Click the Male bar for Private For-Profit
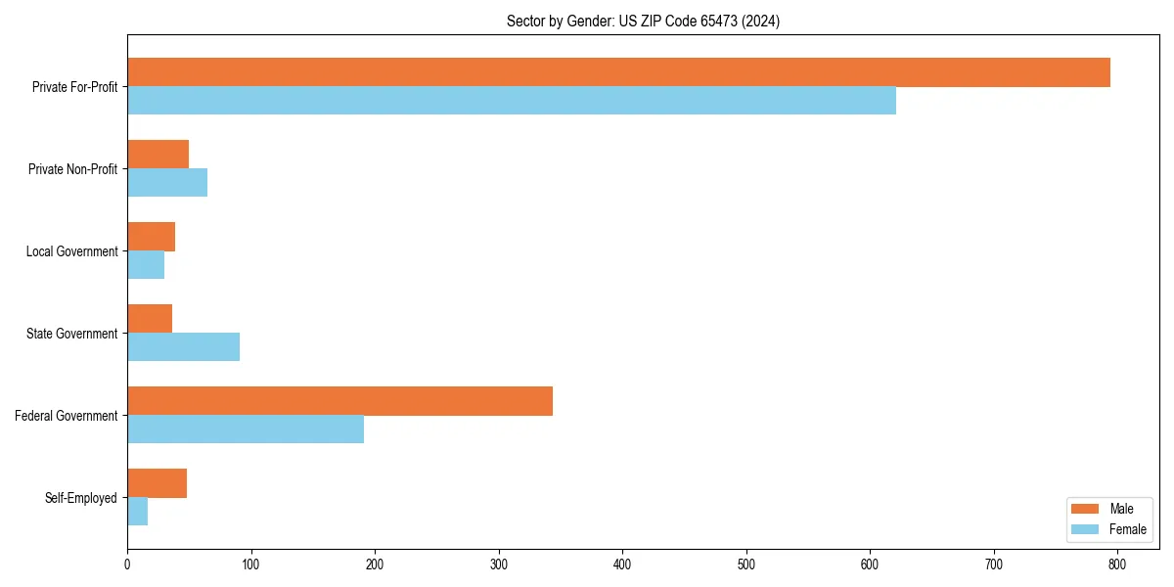[618, 72]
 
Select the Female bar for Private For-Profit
[512, 101]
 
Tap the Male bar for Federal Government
[339, 401]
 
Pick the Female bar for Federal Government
[246, 429]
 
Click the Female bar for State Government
[183, 347]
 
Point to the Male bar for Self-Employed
[157, 483]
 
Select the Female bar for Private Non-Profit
[167, 183]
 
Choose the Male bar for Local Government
[151, 237]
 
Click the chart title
[643, 21]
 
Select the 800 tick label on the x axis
[1117, 564]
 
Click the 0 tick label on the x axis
[127, 564]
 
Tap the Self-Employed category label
[81, 498]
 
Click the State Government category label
[72, 334]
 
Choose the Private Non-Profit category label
[72, 169]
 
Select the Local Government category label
[71, 251]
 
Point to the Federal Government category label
[67, 416]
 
